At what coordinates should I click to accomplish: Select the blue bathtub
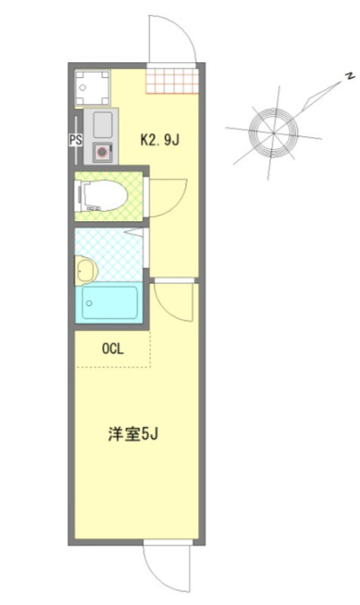[110, 302]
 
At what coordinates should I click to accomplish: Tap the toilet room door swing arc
[169, 195]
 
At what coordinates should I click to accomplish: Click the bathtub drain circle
[89, 302]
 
